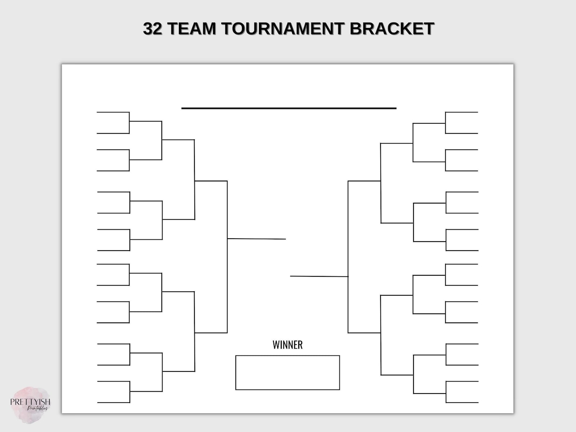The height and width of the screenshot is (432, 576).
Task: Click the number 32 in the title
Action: coord(152,28)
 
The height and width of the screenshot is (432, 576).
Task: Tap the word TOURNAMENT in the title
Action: coord(283,28)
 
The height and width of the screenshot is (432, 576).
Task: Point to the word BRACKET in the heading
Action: coord(392,28)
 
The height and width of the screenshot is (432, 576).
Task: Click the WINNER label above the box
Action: coord(288,345)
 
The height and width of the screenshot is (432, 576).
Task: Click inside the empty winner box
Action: coord(288,373)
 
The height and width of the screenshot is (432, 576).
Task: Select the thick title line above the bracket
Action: coord(289,108)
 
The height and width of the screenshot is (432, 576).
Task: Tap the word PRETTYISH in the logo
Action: coord(30,402)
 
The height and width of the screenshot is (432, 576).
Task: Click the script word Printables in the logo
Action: coord(38,408)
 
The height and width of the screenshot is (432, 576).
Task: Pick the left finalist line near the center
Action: coord(256,239)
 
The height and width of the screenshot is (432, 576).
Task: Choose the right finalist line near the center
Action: coord(319,276)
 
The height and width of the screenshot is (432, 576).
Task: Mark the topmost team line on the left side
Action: coord(113,112)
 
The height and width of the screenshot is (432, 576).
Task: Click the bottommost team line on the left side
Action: coord(114,402)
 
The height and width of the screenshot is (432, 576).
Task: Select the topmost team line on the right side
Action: coord(462,112)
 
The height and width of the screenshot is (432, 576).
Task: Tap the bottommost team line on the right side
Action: coord(462,402)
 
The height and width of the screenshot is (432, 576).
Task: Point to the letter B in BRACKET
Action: coord(356,28)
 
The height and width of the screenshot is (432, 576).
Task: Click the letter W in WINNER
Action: coord(276,345)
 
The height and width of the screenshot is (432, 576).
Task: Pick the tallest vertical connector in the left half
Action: coord(227,257)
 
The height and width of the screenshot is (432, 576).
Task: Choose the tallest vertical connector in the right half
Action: coord(348,257)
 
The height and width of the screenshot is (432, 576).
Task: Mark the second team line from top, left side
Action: coord(113,133)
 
